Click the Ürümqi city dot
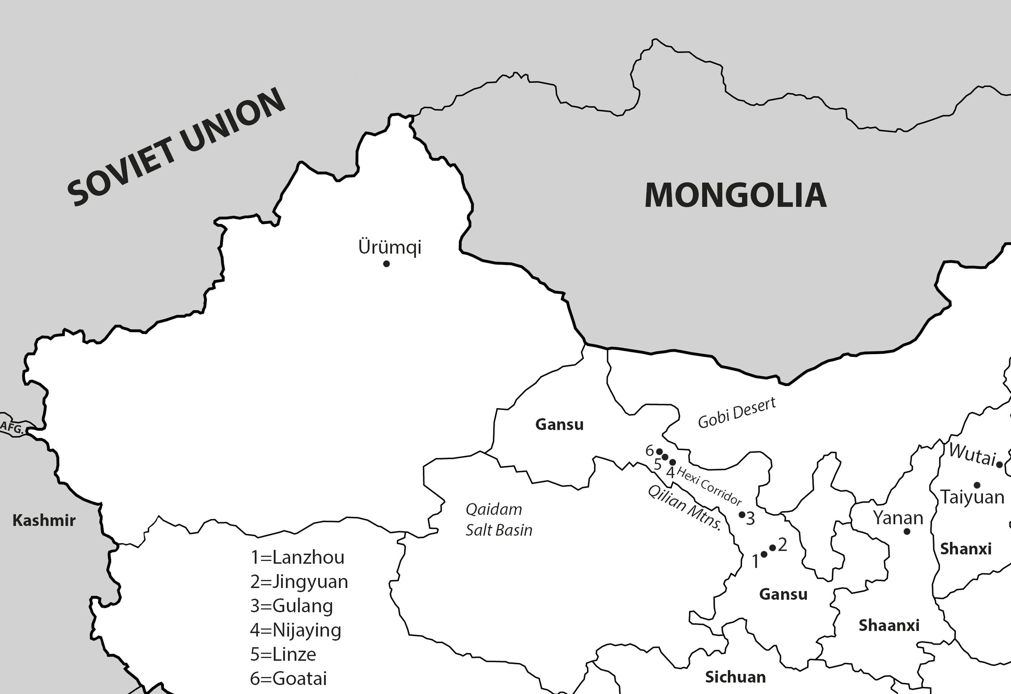pyautogui.click(x=386, y=264)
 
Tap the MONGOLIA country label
pyautogui.click(x=735, y=195)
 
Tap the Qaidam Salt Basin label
pyautogui.click(x=498, y=520)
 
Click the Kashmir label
pyautogui.click(x=44, y=520)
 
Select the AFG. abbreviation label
pyautogui.click(x=12, y=428)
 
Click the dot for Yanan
pyautogui.click(x=907, y=531)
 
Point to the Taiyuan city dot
pyautogui.click(x=977, y=485)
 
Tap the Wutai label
pyautogui.click(x=972, y=454)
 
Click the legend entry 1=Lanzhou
pyautogui.click(x=297, y=557)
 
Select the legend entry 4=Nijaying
pyautogui.click(x=296, y=630)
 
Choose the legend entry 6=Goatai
pyautogui.click(x=288, y=678)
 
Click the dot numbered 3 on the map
pyautogui.click(x=742, y=515)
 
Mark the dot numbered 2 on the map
pyautogui.click(x=772, y=548)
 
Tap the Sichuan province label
pyautogui.click(x=735, y=677)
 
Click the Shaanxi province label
pyautogui.click(x=889, y=625)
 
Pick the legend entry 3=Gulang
pyautogui.click(x=291, y=606)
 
